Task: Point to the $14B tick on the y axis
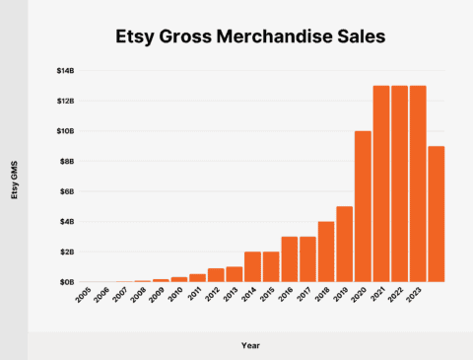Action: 65,70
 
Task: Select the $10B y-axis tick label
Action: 65,131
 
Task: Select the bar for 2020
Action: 363,206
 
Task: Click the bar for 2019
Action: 345,244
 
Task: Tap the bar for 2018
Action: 327,252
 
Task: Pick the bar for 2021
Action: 380,183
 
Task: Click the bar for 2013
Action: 234,274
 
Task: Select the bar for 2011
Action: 198,278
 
